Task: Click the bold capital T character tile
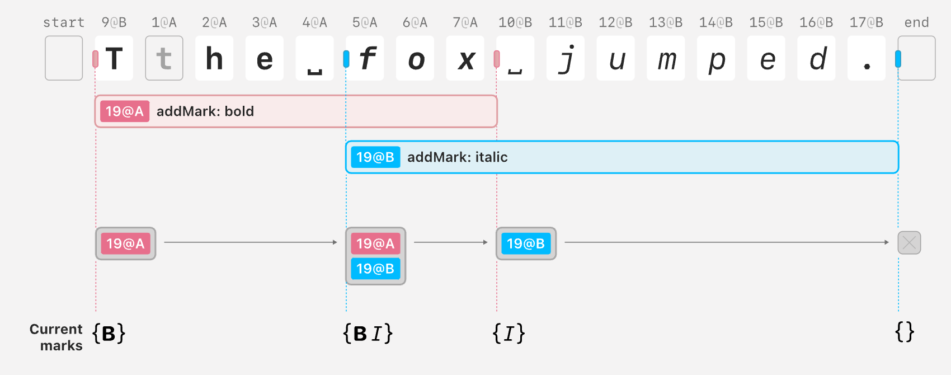(x=114, y=58)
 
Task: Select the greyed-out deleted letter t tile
(x=164, y=58)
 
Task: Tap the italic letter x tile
(x=465, y=58)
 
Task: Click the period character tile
(x=867, y=58)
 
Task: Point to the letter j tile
(x=566, y=58)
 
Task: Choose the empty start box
(x=64, y=58)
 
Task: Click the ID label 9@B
(x=114, y=22)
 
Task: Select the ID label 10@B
(x=515, y=22)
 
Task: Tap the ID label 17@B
(x=867, y=22)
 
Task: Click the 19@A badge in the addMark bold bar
(x=125, y=111)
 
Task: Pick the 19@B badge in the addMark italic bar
(x=376, y=157)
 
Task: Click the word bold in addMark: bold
(x=239, y=111)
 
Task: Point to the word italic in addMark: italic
(x=491, y=157)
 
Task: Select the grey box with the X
(x=910, y=243)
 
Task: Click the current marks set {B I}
(x=368, y=334)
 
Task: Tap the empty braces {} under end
(x=905, y=332)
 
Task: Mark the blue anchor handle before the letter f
(x=346, y=59)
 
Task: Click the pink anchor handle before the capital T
(x=96, y=59)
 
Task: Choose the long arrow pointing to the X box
(x=727, y=242)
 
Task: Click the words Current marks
(x=56, y=337)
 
